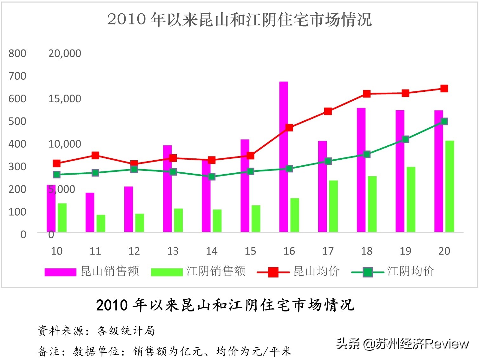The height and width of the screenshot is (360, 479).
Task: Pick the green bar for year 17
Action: click(333, 206)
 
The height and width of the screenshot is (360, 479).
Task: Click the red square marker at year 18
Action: click(367, 94)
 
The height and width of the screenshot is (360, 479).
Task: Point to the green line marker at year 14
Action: click(212, 177)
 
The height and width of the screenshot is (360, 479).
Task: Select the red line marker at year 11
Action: click(95, 155)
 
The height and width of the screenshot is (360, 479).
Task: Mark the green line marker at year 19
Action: click(405, 139)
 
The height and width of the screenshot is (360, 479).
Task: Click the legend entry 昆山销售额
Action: click(92, 271)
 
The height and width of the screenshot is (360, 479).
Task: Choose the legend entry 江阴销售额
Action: click(198, 271)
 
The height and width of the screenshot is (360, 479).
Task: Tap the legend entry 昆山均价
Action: click(298, 271)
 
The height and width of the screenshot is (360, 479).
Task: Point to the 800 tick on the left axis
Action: click(17, 53)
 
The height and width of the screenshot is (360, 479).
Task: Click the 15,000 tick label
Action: click(65, 99)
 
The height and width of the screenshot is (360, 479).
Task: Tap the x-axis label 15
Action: click(250, 251)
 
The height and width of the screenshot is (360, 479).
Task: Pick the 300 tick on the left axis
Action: click(17, 166)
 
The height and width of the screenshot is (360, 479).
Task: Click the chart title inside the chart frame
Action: click(239, 19)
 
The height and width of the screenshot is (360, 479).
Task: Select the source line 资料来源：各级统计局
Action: click(96, 331)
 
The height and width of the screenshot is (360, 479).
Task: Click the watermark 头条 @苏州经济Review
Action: click(402, 343)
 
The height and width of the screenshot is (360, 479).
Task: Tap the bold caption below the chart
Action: click(225, 305)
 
